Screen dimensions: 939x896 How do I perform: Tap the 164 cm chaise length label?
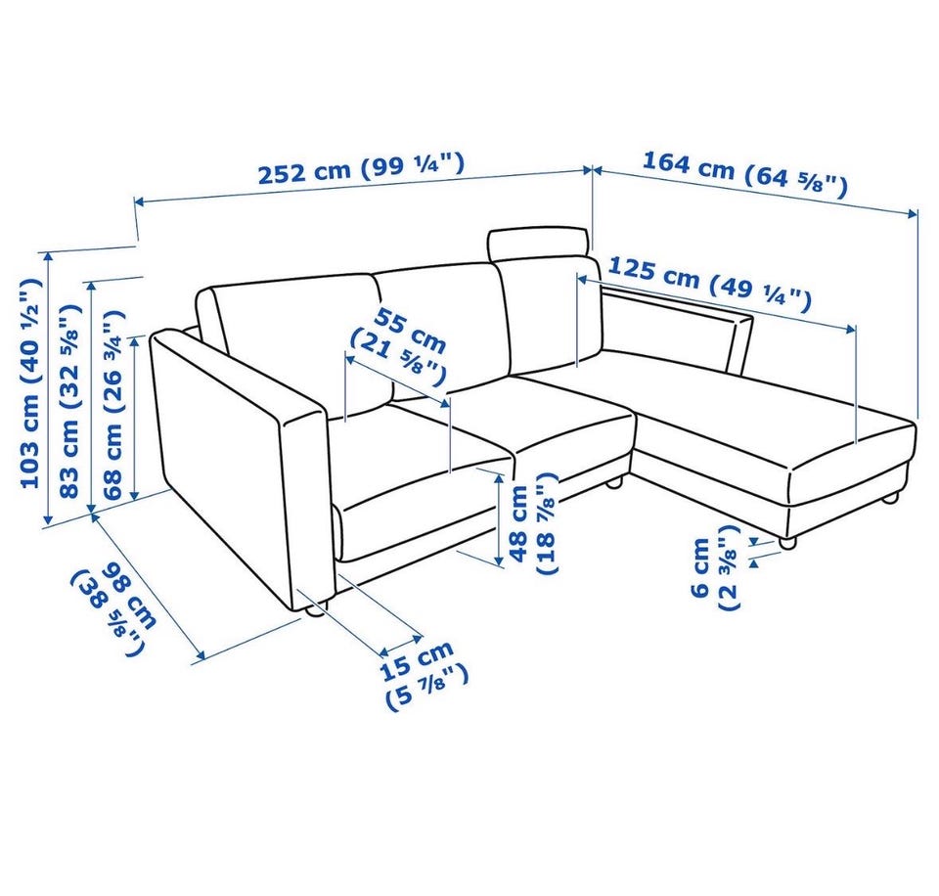(x=744, y=174)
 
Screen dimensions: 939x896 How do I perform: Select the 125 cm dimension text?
(x=709, y=285)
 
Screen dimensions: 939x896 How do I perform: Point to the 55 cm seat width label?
(x=398, y=347)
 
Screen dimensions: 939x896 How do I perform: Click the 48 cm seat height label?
(x=532, y=523)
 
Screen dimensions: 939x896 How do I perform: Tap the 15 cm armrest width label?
(x=424, y=676)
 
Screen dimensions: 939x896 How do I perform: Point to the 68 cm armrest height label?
(x=112, y=405)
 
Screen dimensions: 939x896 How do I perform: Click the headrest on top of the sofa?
(x=538, y=244)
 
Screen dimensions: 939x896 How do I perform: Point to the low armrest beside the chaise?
(x=676, y=327)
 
